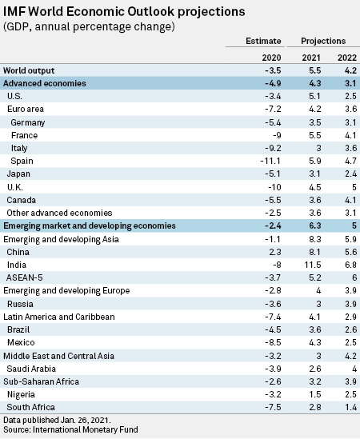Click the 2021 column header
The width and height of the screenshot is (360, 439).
310,58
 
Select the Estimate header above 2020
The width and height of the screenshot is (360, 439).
263,41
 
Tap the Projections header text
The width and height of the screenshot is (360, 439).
323,42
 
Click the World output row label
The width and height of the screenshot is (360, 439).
29,70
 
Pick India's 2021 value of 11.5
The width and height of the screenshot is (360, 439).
313,265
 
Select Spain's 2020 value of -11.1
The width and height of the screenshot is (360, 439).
270,161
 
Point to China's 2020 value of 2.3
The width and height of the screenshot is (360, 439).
275,252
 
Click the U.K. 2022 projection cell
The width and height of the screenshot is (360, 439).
354,187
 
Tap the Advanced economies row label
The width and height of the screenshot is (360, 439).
45,83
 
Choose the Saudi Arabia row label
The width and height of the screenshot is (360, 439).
31,369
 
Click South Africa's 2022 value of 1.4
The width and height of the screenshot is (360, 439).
350,407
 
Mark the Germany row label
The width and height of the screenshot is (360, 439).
28,122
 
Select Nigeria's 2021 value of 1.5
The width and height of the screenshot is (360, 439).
315,394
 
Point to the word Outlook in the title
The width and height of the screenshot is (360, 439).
150,12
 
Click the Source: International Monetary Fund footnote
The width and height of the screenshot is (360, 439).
70,429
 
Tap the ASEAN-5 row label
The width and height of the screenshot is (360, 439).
25,277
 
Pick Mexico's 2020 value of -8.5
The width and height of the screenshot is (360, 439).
273,342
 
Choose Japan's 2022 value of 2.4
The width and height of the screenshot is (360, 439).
350,174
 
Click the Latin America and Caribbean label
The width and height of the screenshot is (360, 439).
59,317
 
